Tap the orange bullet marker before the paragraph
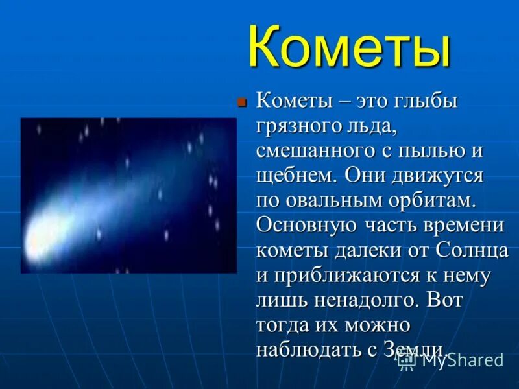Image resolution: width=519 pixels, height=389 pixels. point(241,102)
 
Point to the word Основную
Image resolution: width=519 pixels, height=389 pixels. point(306,226)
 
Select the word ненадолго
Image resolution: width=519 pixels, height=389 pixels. point(370,300)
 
